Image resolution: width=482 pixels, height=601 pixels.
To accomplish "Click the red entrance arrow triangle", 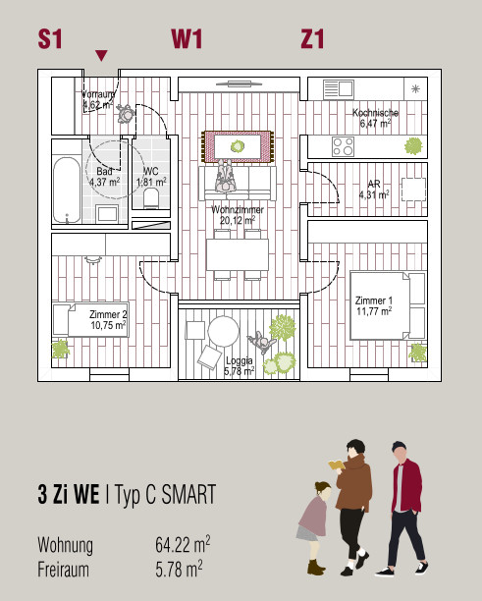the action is click(x=101, y=55).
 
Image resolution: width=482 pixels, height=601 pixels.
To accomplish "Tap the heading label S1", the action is click(x=50, y=39).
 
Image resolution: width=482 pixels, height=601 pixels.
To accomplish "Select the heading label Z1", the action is click(x=312, y=39).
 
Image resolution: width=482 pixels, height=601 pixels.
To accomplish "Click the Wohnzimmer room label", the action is click(x=238, y=209).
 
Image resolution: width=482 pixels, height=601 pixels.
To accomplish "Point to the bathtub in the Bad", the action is click(x=67, y=191).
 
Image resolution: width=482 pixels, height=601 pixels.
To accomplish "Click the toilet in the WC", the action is click(x=151, y=197).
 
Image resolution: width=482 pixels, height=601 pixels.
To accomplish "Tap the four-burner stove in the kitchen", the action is click(x=343, y=146).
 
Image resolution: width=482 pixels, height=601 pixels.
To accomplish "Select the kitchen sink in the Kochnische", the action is click(x=339, y=89).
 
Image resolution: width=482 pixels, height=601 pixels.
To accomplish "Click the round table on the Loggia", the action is click(x=224, y=332).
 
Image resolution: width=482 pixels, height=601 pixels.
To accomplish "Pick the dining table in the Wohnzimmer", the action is click(x=238, y=255).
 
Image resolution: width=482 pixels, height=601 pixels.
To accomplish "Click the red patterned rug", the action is click(x=238, y=146).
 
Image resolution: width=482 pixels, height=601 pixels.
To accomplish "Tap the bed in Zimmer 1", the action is click(x=388, y=305).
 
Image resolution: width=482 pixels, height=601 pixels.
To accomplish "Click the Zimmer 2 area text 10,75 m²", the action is click(x=108, y=325).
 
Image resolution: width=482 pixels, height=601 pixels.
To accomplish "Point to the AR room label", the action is click(x=374, y=184).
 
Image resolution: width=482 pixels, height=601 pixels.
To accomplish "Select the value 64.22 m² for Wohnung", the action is click(x=183, y=544).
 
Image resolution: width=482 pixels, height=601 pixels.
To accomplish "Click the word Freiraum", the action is click(x=63, y=570).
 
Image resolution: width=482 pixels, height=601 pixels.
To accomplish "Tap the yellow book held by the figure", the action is click(x=337, y=464).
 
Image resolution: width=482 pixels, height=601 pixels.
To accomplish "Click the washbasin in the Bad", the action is click(x=107, y=213).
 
